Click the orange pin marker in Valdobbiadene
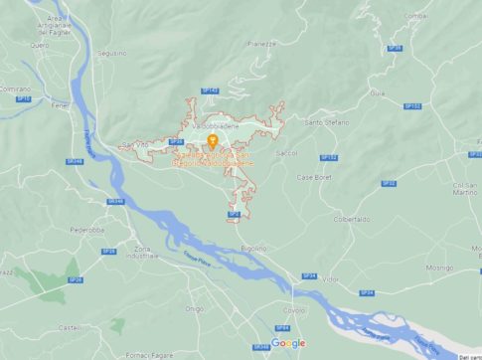[x=212, y=141]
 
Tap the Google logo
[x=288, y=343]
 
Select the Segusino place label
[x=112, y=53]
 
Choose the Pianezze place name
[x=261, y=44]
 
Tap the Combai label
[x=416, y=15]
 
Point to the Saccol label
[x=286, y=153]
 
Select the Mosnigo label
[x=439, y=269]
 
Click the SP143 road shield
[x=210, y=90]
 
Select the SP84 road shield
[x=282, y=327]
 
